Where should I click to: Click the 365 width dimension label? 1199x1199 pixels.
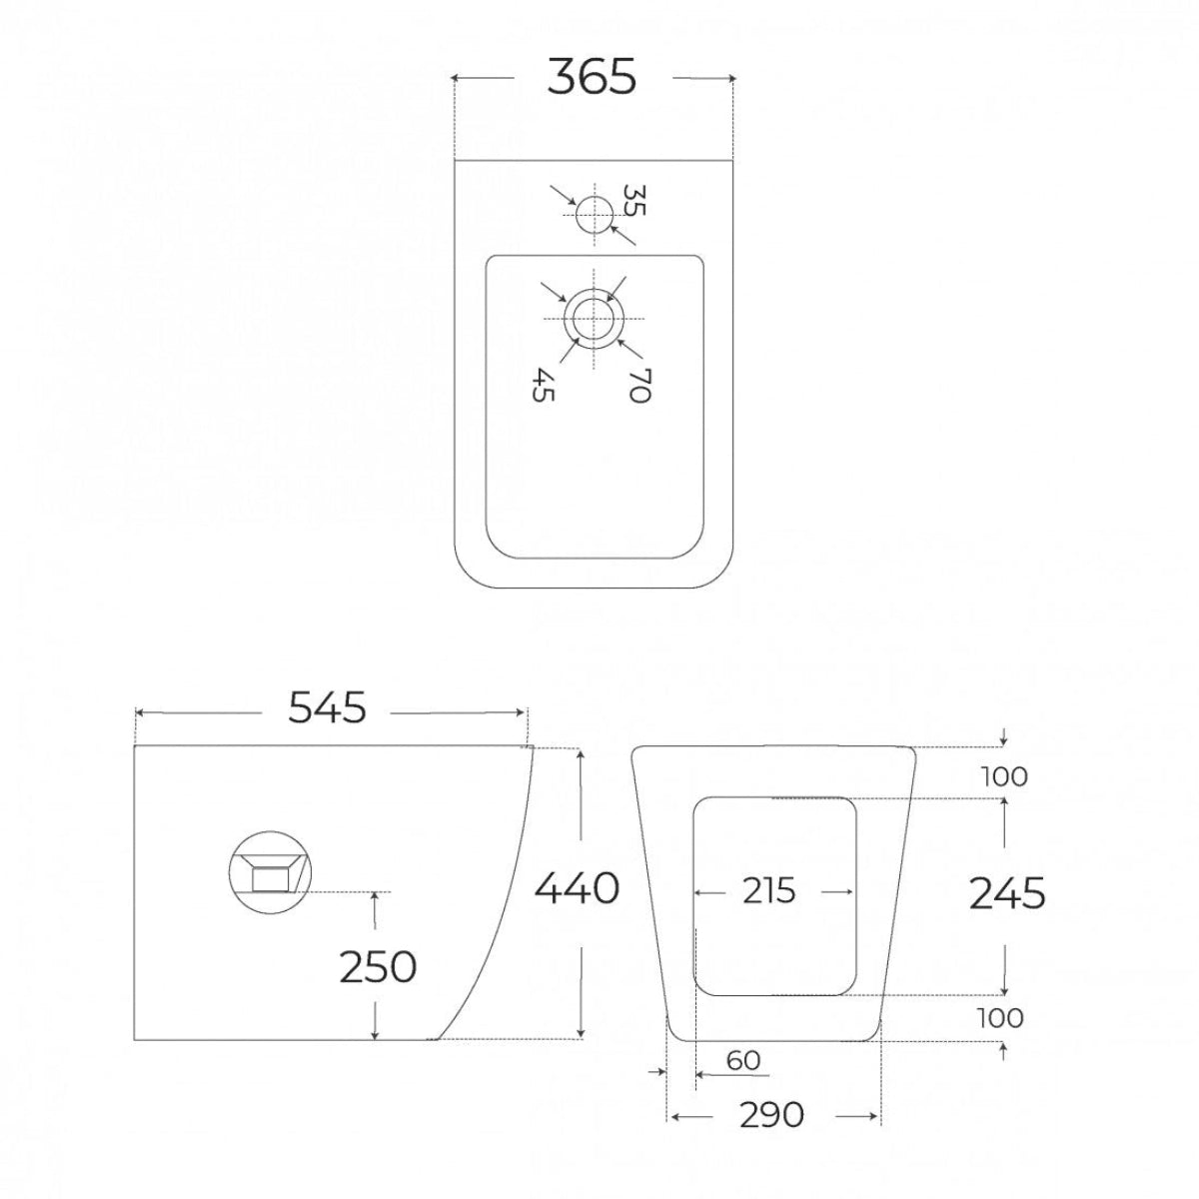[x=592, y=77]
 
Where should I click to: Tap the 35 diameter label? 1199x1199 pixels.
[x=634, y=200]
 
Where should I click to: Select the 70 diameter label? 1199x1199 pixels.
[x=639, y=385]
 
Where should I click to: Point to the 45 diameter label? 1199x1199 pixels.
[x=543, y=385]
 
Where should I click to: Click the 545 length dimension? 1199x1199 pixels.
[x=328, y=708]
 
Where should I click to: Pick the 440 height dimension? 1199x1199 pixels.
[x=577, y=888]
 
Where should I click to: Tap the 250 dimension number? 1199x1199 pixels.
[x=378, y=967]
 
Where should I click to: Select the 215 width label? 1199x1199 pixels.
[x=769, y=891]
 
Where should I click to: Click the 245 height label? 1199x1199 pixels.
[x=1007, y=893]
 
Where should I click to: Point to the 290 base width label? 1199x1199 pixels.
[x=771, y=1115]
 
